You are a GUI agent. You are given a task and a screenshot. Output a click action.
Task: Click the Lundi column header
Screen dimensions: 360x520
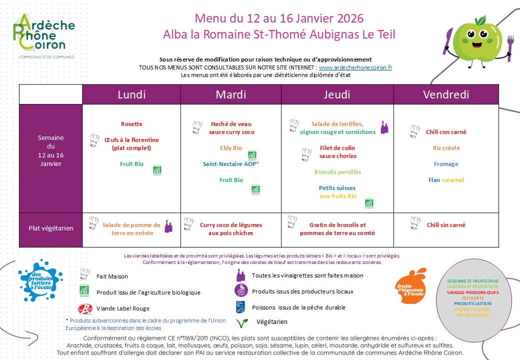pyautogui.click(x=131, y=94)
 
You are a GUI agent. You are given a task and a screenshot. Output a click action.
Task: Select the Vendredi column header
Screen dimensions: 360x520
pyautogui.click(x=446, y=94)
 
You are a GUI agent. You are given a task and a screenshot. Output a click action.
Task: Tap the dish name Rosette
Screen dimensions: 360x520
pyautogui.click(x=131, y=124)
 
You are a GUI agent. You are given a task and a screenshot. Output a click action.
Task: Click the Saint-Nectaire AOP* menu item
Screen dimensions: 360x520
pyautogui.click(x=231, y=164)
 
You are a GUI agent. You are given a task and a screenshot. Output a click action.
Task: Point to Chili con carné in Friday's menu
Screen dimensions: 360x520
pyautogui.click(x=446, y=132)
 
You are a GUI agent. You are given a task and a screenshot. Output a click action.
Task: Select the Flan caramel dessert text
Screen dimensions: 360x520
pyautogui.click(x=446, y=180)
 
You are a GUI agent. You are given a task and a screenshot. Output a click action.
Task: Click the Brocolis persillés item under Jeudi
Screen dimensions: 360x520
pyautogui.click(x=337, y=172)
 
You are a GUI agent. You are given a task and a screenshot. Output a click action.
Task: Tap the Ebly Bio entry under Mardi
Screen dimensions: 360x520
pyautogui.click(x=231, y=148)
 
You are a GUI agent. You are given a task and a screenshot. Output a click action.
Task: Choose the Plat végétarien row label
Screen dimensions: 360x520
pyautogui.click(x=50, y=228)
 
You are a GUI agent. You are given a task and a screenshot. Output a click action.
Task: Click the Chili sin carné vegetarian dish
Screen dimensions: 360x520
pyautogui.click(x=446, y=225)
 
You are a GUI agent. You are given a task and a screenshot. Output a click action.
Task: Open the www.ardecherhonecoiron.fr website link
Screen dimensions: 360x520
pyautogui.click(x=355, y=67)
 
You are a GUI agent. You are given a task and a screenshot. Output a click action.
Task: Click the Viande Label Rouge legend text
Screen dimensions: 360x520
pyautogui.click(x=122, y=308)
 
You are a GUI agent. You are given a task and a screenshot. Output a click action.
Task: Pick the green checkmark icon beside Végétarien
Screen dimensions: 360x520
pyautogui.click(x=242, y=322)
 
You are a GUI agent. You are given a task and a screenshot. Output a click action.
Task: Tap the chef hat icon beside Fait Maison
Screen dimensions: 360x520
pyautogui.click(x=84, y=274)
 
